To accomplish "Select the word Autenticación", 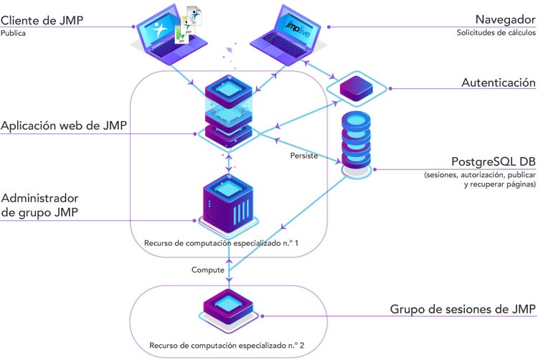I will point(498,83).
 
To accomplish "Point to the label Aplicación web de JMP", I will point(64,127).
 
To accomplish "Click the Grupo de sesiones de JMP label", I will point(463,310).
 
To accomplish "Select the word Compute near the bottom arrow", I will point(207,270).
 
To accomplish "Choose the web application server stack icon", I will point(227,111).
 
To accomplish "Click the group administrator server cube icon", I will point(227,204).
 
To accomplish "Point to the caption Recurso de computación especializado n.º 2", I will point(227,346).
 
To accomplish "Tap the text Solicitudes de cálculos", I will point(496,33).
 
